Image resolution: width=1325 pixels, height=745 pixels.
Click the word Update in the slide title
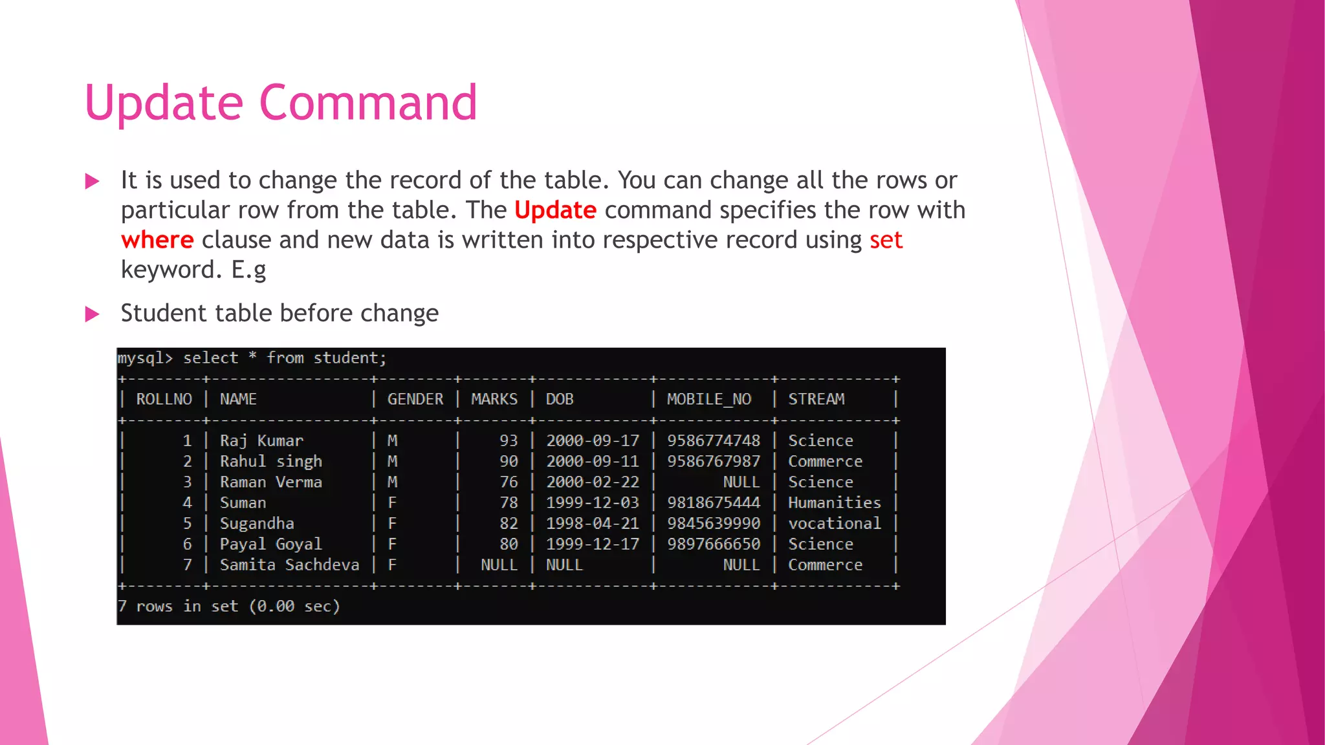(x=164, y=103)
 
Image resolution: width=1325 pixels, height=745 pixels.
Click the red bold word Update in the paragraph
(x=555, y=210)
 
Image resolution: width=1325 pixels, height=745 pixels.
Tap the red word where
(x=157, y=240)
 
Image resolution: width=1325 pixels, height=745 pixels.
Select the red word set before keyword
(x=886, y=240)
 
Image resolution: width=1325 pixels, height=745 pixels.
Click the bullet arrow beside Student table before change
(x=93, y=314)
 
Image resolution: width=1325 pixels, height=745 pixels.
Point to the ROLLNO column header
(x=164, y=400)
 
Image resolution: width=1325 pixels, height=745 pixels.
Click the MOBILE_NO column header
(x=709, y=400)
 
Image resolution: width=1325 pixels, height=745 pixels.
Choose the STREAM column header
(x=816, y=400)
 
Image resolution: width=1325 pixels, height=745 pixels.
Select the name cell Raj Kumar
(x=261, y=441)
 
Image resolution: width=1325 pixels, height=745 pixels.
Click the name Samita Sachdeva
(x=289, y=565)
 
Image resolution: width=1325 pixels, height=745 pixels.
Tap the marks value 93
(x=509, y=441)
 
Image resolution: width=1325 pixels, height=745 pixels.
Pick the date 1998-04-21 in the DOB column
(x=592, y=524)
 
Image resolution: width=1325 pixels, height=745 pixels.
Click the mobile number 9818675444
(x=714, y=503)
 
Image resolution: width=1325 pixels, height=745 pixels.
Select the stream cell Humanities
(x=834, y=503)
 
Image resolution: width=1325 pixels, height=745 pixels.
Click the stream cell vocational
(x=834, y=524)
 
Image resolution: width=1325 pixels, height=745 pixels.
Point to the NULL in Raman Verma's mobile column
(x=741, y=482)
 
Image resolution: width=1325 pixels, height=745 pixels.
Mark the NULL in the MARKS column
(x=499, y=565)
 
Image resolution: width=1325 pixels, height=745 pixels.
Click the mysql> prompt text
(x=145, y=358)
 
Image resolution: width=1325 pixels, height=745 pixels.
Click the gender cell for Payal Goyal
(x=392, y=545)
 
